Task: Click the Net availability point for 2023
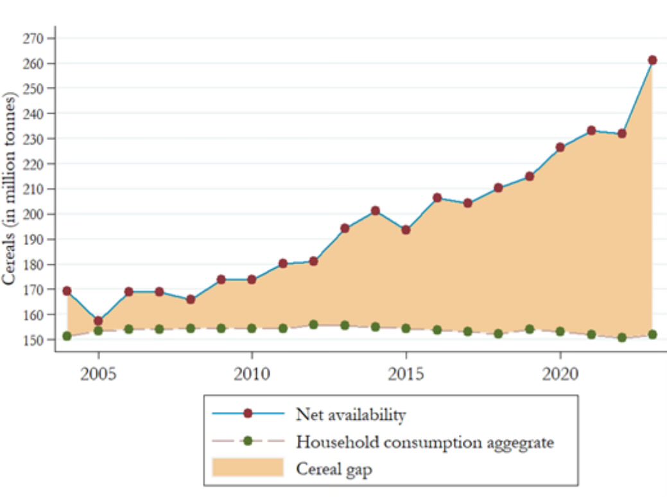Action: (652, 60)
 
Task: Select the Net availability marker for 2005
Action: (98, 320)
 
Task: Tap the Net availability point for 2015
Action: (406, 230)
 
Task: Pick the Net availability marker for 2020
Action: (560, 147)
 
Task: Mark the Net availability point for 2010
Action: (252, 280)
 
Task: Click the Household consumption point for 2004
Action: (67, 336)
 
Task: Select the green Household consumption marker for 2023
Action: (652, 334)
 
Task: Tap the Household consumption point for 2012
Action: (313, 325)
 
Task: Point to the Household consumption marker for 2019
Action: (529, 329)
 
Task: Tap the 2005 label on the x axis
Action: (98, 373)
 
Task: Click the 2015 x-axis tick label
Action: (406, 373)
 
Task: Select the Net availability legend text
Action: (351, 415)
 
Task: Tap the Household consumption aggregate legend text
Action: (424, 442)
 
